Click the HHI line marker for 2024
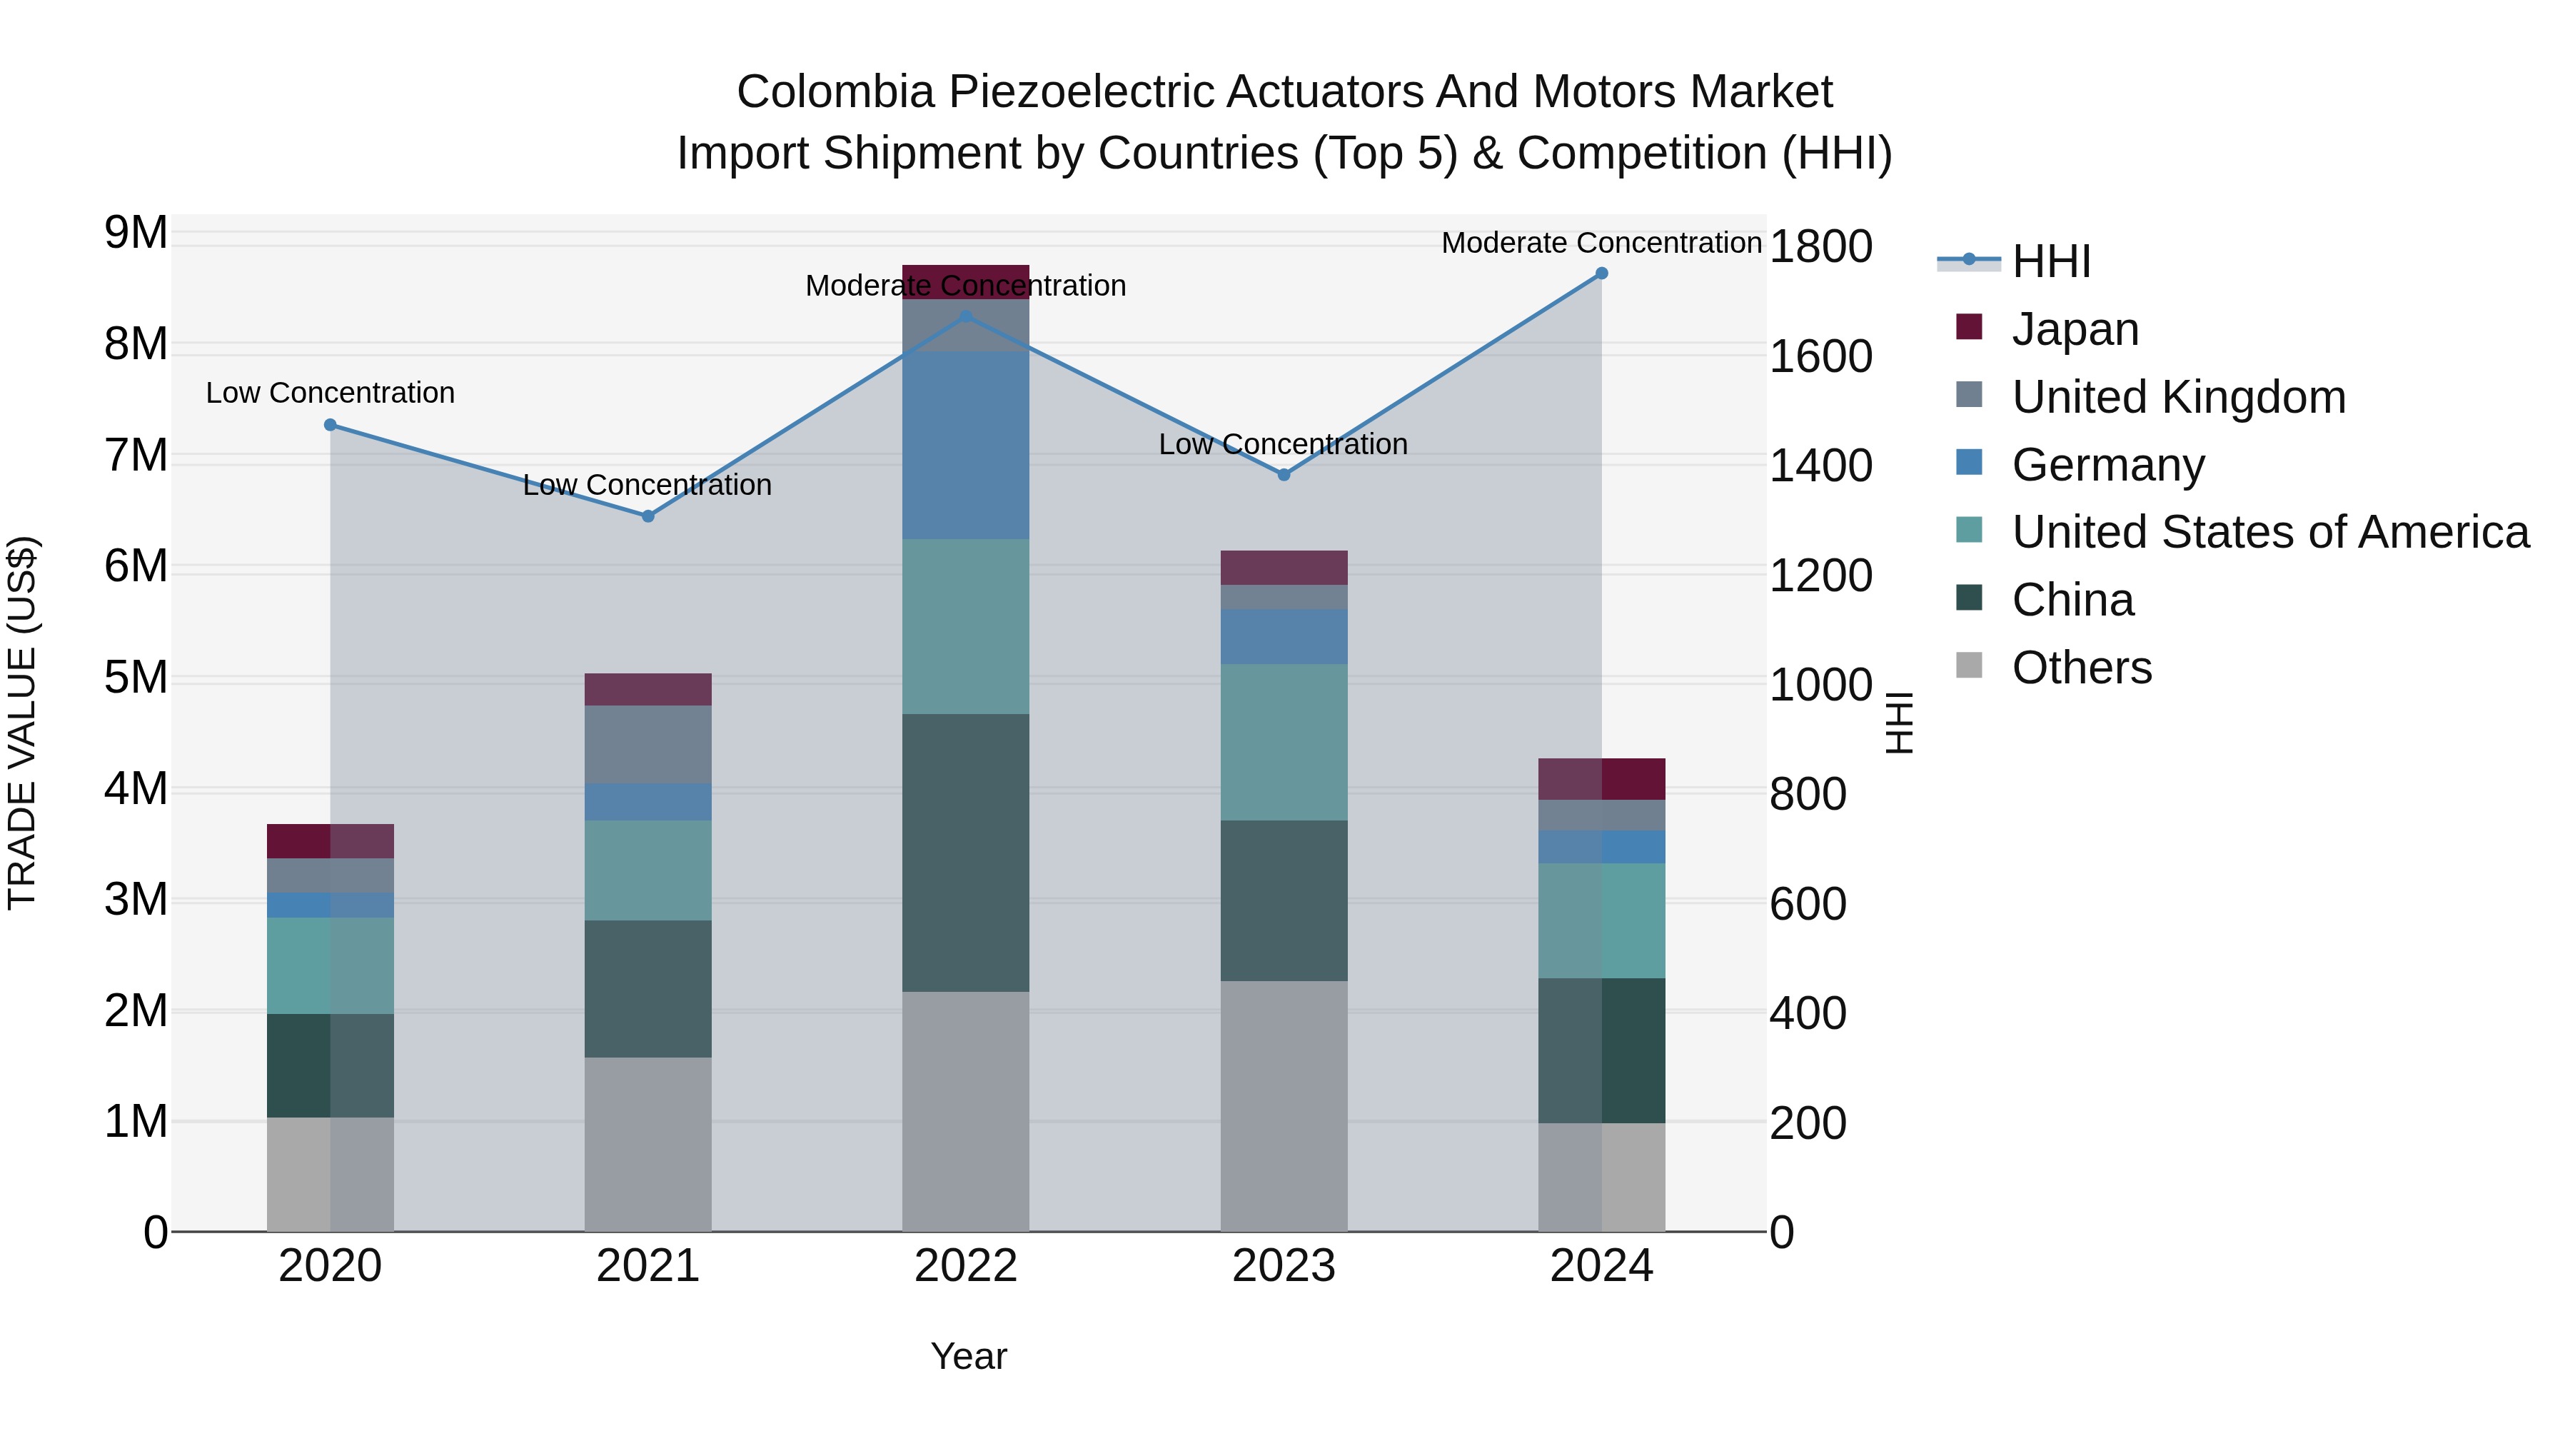tap(1601, 273)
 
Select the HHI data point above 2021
tap(647, 516)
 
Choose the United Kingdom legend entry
tap(2178, 397)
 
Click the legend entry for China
tap(2072, 601)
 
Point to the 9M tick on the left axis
tap(136, 233)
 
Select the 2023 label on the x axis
tap(1283, 1266)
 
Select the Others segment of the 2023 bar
tap(1283, 1105)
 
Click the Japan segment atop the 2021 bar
tap(647, 690)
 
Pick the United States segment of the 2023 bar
tap(1283, 743)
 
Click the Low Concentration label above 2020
tap(331, 393)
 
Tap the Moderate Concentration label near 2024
tap(1601, 243)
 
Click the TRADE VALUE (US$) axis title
tap(22, 723)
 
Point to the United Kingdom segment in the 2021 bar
tap(647, 745)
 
